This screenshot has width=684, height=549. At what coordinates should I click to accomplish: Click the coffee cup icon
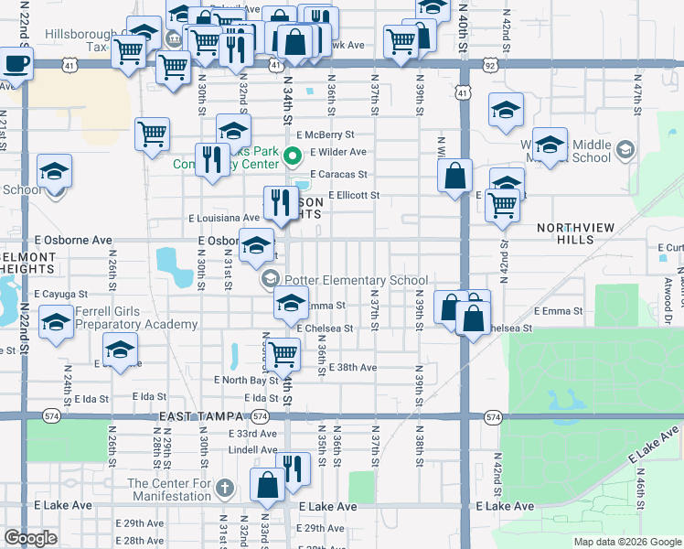point(16,64)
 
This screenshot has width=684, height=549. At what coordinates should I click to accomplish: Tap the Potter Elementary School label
point(356,280)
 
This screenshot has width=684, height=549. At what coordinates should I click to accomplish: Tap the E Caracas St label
point(338,173)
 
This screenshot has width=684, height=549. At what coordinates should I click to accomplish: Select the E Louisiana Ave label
point(224,218)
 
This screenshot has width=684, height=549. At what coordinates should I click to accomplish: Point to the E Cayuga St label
point(60,295)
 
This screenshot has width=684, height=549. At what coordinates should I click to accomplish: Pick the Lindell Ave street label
point(252,449)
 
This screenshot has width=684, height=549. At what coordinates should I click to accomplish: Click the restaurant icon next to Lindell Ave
point(293,468)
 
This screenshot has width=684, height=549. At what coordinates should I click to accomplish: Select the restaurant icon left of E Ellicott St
point(277,202)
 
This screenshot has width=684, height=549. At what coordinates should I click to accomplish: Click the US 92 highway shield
point(491,65)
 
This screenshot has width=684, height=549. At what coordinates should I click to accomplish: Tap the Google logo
point(30,538)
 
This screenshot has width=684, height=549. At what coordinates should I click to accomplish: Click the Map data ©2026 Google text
point(626,542)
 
